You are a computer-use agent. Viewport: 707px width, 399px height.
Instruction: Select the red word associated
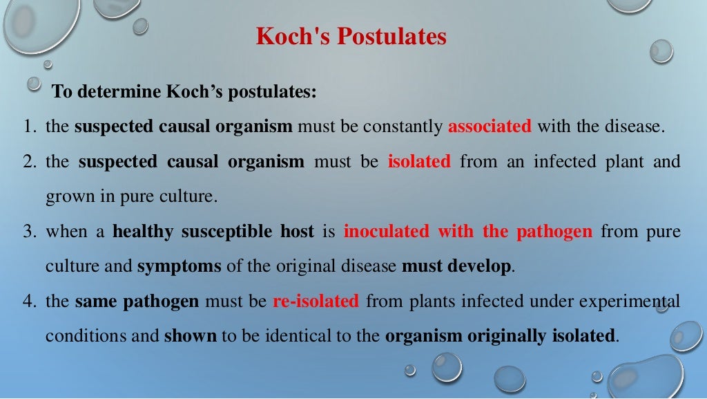coord(490,127)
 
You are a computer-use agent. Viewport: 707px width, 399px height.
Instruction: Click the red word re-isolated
coord(316,301)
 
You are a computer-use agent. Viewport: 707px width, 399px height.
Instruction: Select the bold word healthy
coord(143,232)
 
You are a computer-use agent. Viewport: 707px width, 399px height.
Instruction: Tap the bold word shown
coord(191,337)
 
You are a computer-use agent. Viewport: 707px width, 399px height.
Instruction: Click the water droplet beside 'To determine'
coord(34,84)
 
